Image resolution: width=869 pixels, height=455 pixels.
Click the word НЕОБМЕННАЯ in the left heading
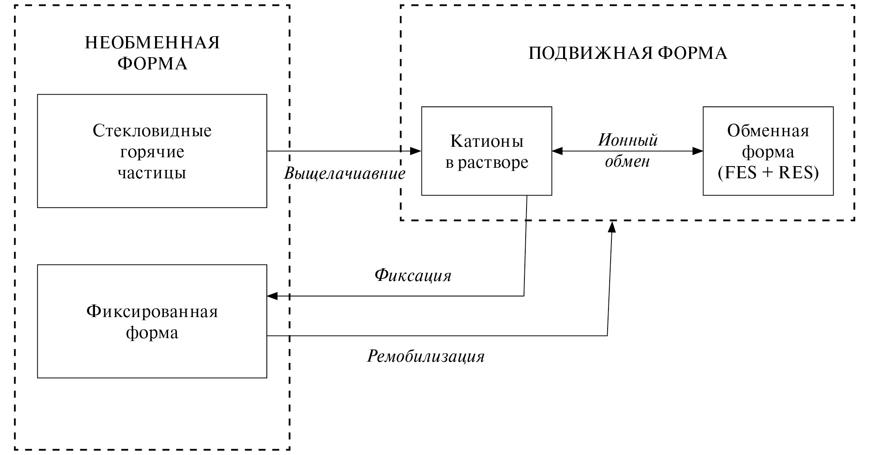coord(153,43)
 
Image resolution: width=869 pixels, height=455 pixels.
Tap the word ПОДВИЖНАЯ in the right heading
coord(590,54)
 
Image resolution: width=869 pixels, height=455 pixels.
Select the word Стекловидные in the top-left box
coord(152,131)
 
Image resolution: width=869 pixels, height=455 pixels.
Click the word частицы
coord(152,173)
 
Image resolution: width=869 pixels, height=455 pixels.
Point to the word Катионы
coord(487,141)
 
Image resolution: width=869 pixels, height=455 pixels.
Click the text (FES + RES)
coord(768,173)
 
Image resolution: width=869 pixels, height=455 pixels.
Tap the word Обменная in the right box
coord(768,131)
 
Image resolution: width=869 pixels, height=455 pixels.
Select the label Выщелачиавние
coord(345,174)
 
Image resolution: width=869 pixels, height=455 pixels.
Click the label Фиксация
coord(413,276)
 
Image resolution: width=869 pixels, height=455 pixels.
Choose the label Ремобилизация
coord(426,357)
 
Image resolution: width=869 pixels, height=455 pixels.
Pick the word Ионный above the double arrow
coord(628,140)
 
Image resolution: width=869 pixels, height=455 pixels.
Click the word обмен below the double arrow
coord(627,161)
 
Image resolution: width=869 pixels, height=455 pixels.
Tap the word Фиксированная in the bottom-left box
coord(152,312)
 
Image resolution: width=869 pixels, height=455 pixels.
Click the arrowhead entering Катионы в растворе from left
coord(416,151)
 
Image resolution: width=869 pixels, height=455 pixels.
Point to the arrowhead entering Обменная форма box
coord(698,151)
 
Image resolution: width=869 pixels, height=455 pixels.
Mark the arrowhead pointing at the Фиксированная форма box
coord(272,296)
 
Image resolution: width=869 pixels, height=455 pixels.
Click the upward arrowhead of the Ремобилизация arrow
coord(612,227)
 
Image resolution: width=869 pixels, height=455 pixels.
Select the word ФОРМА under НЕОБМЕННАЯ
coord(153,64)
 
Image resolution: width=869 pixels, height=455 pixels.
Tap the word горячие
coord(152,152)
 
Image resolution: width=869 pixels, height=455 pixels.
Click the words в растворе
coord(487,162)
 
